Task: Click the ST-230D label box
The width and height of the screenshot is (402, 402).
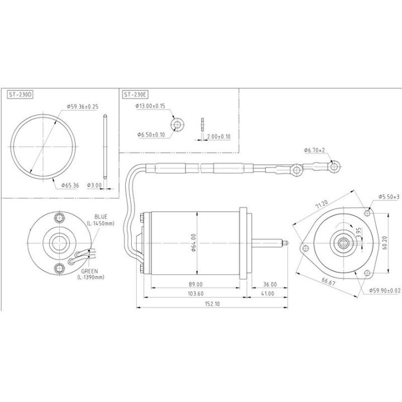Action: pos(21,95)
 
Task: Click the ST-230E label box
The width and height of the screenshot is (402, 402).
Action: pos(136,95)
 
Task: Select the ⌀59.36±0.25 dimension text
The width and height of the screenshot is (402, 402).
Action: pos(83,106)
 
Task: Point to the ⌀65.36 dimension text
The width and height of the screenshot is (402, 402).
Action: pos(68,184)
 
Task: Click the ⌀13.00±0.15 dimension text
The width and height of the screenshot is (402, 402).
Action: pos(151,106)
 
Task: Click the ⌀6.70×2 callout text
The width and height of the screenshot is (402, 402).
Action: pos(314,150)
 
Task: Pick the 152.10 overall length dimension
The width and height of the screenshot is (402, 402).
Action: pos(210,304)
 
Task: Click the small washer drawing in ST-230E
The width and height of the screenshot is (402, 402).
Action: pos(178,123)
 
